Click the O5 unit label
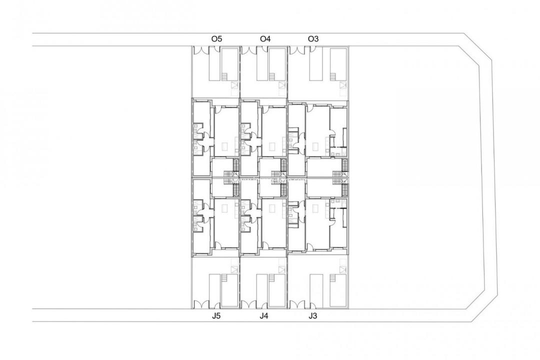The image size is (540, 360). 216,38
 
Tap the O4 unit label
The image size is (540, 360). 265,38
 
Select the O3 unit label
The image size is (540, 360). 313,38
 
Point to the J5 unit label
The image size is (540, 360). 216,315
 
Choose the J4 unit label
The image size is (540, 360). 264,315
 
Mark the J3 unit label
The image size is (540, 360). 313,315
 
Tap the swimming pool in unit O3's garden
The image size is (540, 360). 316,64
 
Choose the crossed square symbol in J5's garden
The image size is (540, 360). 233,265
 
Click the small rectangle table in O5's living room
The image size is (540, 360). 224,146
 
